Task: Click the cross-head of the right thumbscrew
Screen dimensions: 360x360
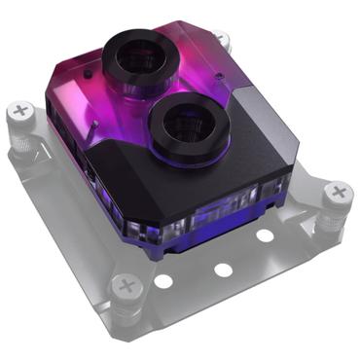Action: click(338, 193)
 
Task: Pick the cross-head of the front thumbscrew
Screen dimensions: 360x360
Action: click(126, 286)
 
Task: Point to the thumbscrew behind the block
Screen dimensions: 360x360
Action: click(222, 41)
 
